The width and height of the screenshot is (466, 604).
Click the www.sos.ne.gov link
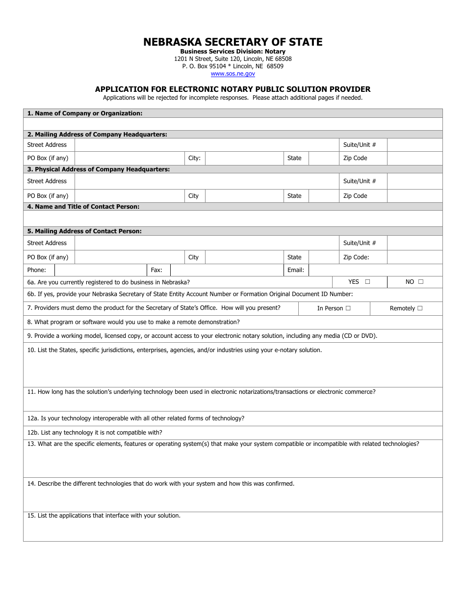point(233,74)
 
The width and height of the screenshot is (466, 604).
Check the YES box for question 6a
point(367,282)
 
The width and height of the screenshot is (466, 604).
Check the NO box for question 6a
point(420,282)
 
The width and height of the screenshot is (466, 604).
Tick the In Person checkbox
point(348,308)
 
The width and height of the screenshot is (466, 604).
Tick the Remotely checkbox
point(419,308)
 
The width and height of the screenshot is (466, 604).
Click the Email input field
point(375,270)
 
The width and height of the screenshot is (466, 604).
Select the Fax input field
point(227,270)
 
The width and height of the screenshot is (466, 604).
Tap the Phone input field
point(100,270)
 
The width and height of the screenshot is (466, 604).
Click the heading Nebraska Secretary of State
point(233,42)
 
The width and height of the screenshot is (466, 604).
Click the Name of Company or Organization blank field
point(233,124)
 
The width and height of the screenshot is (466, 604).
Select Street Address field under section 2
point(207,145)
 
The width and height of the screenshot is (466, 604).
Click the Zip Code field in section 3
point(414,196)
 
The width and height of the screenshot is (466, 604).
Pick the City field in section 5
point(244,257)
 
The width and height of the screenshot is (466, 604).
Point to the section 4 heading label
point(83,207)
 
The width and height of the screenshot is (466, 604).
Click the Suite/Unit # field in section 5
point(414,243)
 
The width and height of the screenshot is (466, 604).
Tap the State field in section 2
point(323,158)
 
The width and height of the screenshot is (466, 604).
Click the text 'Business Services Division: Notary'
point(233,52)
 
